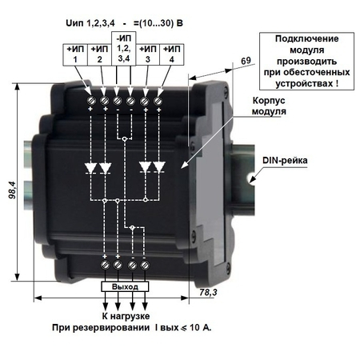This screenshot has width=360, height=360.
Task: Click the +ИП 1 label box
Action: click(75, 54)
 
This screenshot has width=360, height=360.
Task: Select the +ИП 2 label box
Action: click(99, 54)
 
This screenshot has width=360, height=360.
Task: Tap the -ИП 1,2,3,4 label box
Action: click(124, 49)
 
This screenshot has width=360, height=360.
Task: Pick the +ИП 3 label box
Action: click(148, 54)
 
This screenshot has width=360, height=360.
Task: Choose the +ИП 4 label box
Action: click(172, 54)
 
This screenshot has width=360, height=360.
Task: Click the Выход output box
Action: click(125, 286)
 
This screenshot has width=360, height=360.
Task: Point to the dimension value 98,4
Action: click(12, 190)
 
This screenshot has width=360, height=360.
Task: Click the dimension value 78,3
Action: click(208, 292)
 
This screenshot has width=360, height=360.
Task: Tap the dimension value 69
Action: click(246, 61)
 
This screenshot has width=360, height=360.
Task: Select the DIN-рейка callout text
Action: click(285, 160)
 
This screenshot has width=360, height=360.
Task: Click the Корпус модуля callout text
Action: click(269, 106)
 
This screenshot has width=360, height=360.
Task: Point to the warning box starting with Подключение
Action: click(306, 61)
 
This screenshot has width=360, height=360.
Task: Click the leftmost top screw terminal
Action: click(92, 101)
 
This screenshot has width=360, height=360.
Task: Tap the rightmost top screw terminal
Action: click(158, 101)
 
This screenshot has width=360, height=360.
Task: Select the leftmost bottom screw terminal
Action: click(105, 265)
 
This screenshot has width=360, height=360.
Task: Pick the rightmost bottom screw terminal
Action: click(145, 265)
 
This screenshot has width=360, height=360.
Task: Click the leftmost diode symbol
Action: click(91, 168)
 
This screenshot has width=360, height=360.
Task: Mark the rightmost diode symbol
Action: click(159, 167)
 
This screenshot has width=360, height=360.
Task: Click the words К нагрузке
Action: click(126, 316)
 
